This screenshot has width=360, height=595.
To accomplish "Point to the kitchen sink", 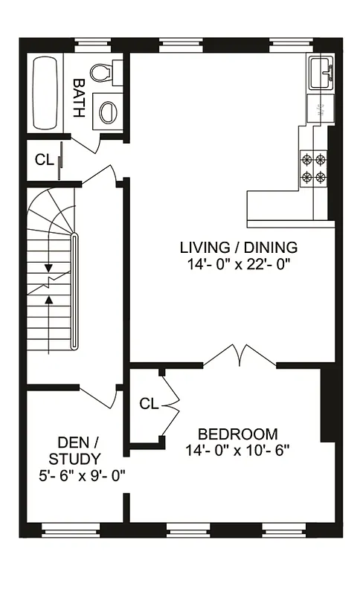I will tap(321, 71).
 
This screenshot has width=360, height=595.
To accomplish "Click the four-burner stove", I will tap(313, 167).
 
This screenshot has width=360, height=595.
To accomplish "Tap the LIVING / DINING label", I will tap(238, 248).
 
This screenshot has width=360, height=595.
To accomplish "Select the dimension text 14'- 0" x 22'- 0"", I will tap(238, 263).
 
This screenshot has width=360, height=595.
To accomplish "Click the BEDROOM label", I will tap(237, 434).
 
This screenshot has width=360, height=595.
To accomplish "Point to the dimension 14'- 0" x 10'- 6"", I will tap(237, 449).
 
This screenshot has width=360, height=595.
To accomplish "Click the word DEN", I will tap(74, 443).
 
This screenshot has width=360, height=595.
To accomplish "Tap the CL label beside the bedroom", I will tap(149, 404).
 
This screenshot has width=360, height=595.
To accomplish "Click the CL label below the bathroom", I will tap(43, 160).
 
